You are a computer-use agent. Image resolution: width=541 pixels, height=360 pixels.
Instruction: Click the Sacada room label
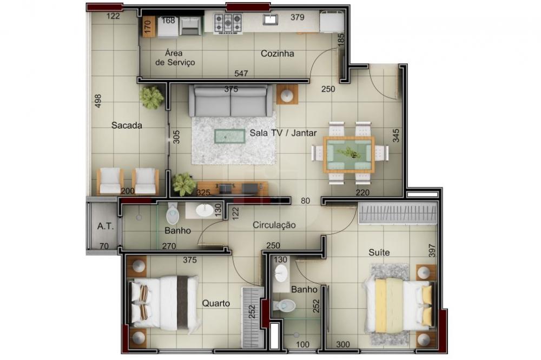(127, 125)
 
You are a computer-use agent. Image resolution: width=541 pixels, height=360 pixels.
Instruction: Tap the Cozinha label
(278, 54)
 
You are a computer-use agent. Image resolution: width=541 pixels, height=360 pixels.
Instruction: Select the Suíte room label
(379, 252)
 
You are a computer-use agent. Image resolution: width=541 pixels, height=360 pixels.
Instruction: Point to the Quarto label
(216, 303)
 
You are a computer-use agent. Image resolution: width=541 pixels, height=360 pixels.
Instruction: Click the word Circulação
(274, 225)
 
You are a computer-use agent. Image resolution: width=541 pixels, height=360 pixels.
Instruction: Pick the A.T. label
(105, 226)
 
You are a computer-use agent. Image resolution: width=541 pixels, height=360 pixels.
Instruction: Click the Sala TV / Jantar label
(283, 133)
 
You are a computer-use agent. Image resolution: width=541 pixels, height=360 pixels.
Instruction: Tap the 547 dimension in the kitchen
(241, 74)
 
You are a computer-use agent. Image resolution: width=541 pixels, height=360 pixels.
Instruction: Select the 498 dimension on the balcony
(98, 101)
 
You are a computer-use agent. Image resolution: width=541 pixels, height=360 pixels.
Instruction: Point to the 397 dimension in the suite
(432, 250)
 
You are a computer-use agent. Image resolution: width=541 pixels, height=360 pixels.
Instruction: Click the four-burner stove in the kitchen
(228, 23)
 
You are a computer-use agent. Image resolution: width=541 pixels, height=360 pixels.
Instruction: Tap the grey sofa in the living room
(230, 101)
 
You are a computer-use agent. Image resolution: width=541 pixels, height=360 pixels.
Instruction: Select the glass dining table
(349, 155)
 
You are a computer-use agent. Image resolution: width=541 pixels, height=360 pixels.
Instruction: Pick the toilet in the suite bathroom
(285, 305)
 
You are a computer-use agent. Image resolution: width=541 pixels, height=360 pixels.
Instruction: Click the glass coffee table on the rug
(229, 136)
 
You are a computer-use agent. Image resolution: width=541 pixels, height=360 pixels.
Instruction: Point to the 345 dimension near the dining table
(396, 136)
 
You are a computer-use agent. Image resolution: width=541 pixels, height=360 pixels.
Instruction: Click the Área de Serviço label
(175, 58)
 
